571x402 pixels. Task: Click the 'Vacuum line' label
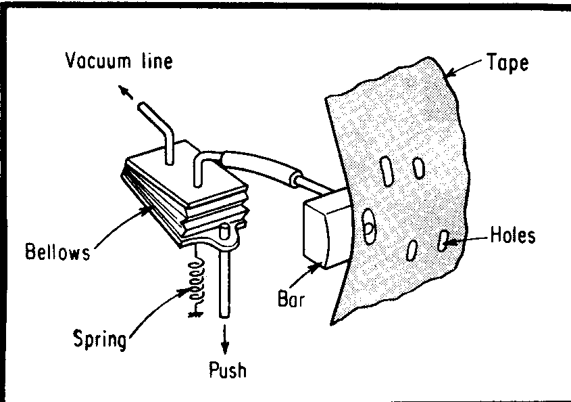(118, 62)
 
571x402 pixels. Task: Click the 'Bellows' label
(57, 252)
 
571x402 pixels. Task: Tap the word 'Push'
(227, 370)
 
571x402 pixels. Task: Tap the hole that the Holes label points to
(444, 241)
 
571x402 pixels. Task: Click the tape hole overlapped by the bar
(369, 225)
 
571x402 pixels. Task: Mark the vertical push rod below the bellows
(224, 284)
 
